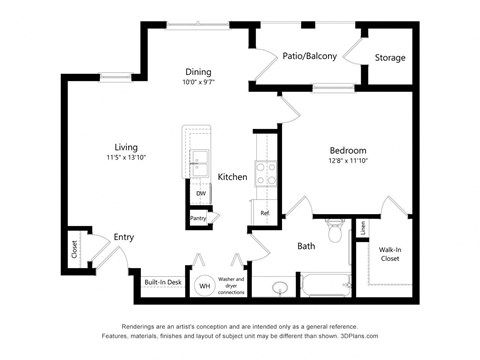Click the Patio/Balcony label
(x=308, y=56)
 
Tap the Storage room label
(x=390, y=58)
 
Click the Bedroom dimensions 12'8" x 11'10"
(x=348, y=164)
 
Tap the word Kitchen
(x=232, y=177)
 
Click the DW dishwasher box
(x=200, y=193)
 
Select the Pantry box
(x=197, y=217)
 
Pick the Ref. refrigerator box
(x=265, y=212)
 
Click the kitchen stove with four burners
(x=266, y=174)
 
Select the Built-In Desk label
(x=162, y=283)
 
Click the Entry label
(x=123, y=237)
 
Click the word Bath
(x=306, y=246)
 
